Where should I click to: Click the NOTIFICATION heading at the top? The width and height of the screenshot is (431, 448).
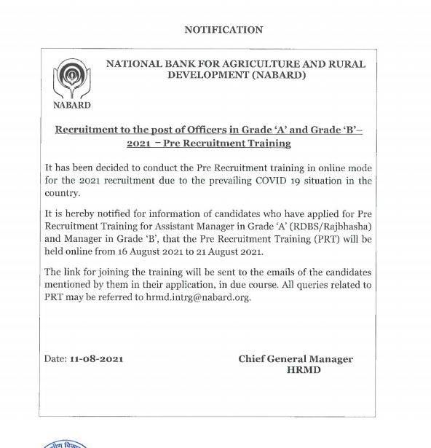pos(224,30)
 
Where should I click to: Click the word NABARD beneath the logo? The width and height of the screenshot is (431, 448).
pos(71,105)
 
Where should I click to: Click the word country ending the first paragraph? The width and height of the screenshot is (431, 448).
pos(71,194)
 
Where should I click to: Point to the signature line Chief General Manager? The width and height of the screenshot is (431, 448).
pos(295,359)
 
